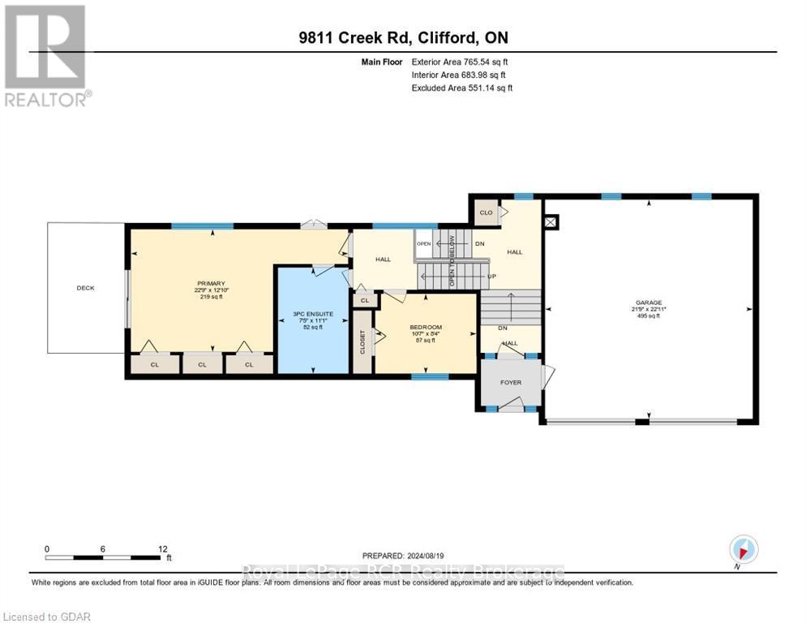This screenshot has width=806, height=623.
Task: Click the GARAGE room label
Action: (x=648, y=302)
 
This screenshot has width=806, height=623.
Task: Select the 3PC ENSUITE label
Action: (x=312, y=314)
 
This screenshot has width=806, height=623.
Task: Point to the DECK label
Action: (x=85, y=288)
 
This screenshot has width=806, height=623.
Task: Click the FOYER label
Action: (x=510, y=382)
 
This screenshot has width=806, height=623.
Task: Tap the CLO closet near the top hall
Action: (x=486, y=213)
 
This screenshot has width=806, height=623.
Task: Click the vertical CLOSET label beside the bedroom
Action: (x=362, y=342)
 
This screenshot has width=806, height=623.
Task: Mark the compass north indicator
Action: (x=743, y=549)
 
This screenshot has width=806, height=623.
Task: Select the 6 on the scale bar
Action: (x=103, y=548)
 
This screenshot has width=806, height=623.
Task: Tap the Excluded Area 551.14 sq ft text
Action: (x=461, y=88)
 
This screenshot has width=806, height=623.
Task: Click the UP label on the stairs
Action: (x=491, y=276)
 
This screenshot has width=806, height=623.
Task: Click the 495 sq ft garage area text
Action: (x=648, y=316)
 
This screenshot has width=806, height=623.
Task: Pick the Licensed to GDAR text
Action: (x=46, y=617)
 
